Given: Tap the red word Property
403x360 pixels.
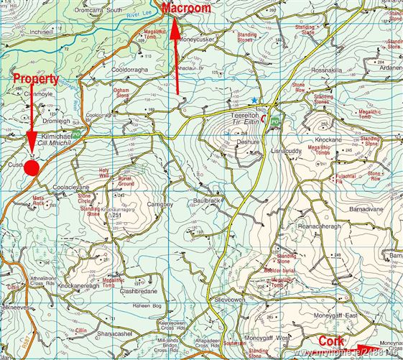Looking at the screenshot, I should pos(35,78).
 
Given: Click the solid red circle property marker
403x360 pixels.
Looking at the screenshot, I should pos(31,167).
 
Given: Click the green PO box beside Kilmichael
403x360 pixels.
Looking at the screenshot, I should pos(77,133).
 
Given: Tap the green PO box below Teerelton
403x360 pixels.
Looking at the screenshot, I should pos(274,123).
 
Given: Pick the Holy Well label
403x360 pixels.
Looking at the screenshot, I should pos(105,172).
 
